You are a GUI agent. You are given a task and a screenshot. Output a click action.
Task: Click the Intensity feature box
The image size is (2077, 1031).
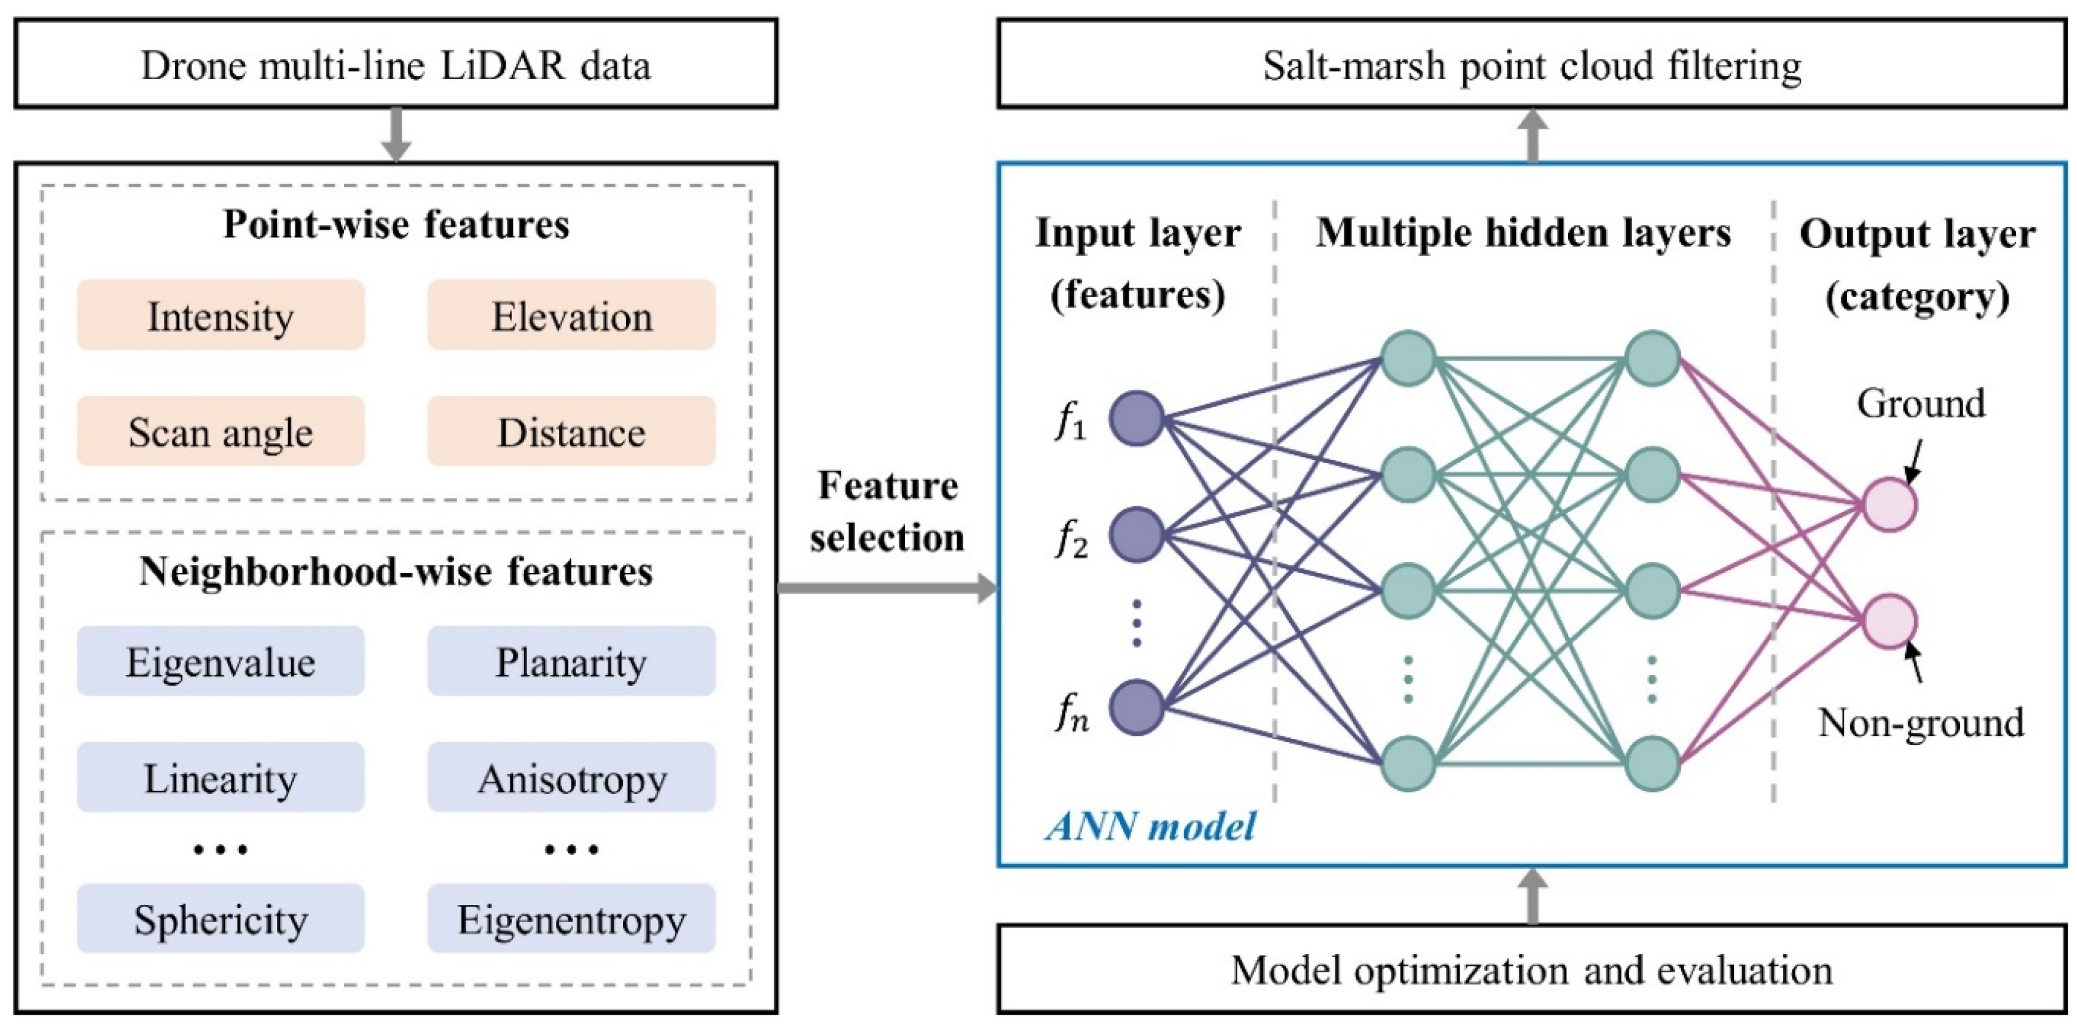(220, 315)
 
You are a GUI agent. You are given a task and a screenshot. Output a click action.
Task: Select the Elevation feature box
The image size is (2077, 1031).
(571, 315)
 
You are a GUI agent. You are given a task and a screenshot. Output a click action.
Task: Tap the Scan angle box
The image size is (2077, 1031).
(220, 431)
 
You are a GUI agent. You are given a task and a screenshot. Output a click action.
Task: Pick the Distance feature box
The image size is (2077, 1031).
(571, 431)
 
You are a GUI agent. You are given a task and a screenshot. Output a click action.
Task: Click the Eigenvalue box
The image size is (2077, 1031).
(220, 662)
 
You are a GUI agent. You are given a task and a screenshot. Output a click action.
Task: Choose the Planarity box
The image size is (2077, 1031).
(571, 662)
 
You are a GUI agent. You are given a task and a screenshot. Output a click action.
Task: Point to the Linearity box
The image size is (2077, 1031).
(220, 778)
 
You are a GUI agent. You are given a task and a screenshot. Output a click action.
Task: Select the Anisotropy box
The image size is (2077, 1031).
(571, 778)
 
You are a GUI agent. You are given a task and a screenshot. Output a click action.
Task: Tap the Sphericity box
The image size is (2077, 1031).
(220, 918)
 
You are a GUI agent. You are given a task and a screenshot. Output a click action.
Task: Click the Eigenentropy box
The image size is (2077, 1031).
(571, 918)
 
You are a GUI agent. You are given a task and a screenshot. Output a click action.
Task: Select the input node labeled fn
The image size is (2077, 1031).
(1137, 708)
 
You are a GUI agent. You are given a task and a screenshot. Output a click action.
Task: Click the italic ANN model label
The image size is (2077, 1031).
(1151, 826)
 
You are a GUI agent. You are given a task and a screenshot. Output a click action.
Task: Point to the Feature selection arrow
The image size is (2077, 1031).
(887, 588)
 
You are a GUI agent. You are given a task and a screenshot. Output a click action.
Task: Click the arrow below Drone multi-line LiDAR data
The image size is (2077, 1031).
(396, 135)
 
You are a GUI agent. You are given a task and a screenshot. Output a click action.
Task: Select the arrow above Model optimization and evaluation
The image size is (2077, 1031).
(1532, 896)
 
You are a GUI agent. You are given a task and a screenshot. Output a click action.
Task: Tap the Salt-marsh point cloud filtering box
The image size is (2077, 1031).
(1532, 65)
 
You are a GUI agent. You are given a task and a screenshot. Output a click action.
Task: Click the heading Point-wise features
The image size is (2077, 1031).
(396, 224)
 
